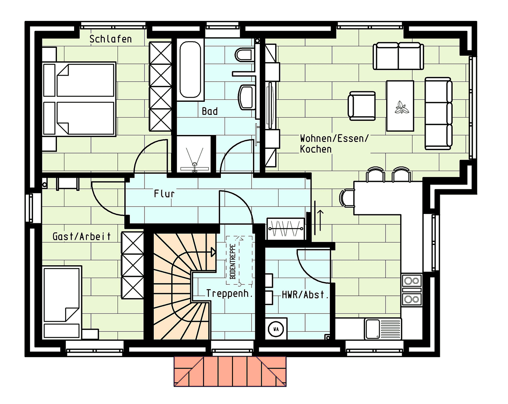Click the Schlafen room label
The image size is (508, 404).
click(x=110, y=39)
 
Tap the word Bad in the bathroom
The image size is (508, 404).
click(x=210, y=111)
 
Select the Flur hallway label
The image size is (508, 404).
click(x=164, y=194)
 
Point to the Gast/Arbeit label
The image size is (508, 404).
click(x=82, y=236)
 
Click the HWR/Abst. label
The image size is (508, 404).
click(x=305, y=295)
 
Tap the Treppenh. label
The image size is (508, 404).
click(x=229, y=293)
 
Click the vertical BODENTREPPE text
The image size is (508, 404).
click(x=233, y=261)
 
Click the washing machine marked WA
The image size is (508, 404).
click(x=276, y=329)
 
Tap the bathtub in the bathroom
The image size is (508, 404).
click(x=190, y=70)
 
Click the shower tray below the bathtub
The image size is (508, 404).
click(x=194, y=154)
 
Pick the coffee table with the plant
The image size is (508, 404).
click(x=400, y=106)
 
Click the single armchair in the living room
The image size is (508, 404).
click(x=362, y=106)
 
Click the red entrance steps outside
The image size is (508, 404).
click(x=230, y=371)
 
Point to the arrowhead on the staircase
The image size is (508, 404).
click(x=213, y=252)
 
